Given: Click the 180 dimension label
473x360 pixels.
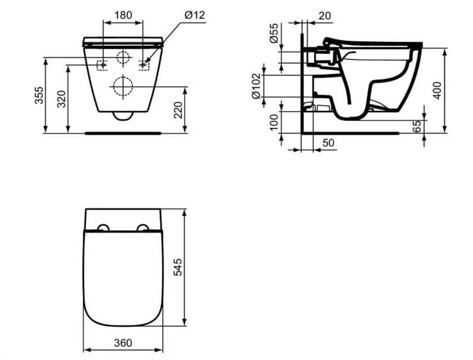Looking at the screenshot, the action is point(124,15).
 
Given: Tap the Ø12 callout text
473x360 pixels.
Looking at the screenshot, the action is point(194,15).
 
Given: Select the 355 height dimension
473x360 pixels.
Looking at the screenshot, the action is point(39,95).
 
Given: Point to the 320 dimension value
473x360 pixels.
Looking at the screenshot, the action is point(62,99).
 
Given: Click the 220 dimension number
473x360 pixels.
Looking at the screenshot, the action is point(179,110).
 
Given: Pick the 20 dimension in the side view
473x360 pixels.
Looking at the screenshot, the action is point(325,15).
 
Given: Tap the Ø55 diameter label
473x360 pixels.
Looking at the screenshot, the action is point(273,33).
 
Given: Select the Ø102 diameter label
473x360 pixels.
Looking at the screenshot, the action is point(256,86).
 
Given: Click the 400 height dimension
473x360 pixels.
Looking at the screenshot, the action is point(437,90).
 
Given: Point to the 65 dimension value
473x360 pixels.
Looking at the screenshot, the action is point(417,127).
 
